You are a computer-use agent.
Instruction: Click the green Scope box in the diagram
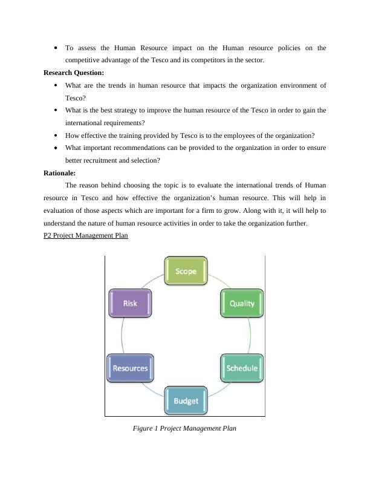(x=186, y=271)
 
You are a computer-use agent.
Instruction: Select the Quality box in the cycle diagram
(x=242, y=304)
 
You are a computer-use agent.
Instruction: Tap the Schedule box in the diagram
(x=242, y=368)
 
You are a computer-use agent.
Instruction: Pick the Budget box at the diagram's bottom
(x=186, y=401)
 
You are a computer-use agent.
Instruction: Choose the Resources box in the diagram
(x=130, y=368)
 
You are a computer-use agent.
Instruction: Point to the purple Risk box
(x=130, y=304)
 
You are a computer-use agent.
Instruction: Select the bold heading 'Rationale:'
(x=59, y=173)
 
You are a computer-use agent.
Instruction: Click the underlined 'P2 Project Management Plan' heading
(x=86, y=236)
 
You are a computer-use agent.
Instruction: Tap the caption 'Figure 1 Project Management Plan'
(x=184, y=428)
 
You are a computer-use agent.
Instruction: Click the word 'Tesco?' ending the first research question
(x=76, y=97)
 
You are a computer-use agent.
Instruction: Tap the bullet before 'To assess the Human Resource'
(x=56, y=48)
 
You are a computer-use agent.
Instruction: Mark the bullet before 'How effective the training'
(x=56, y=135)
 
